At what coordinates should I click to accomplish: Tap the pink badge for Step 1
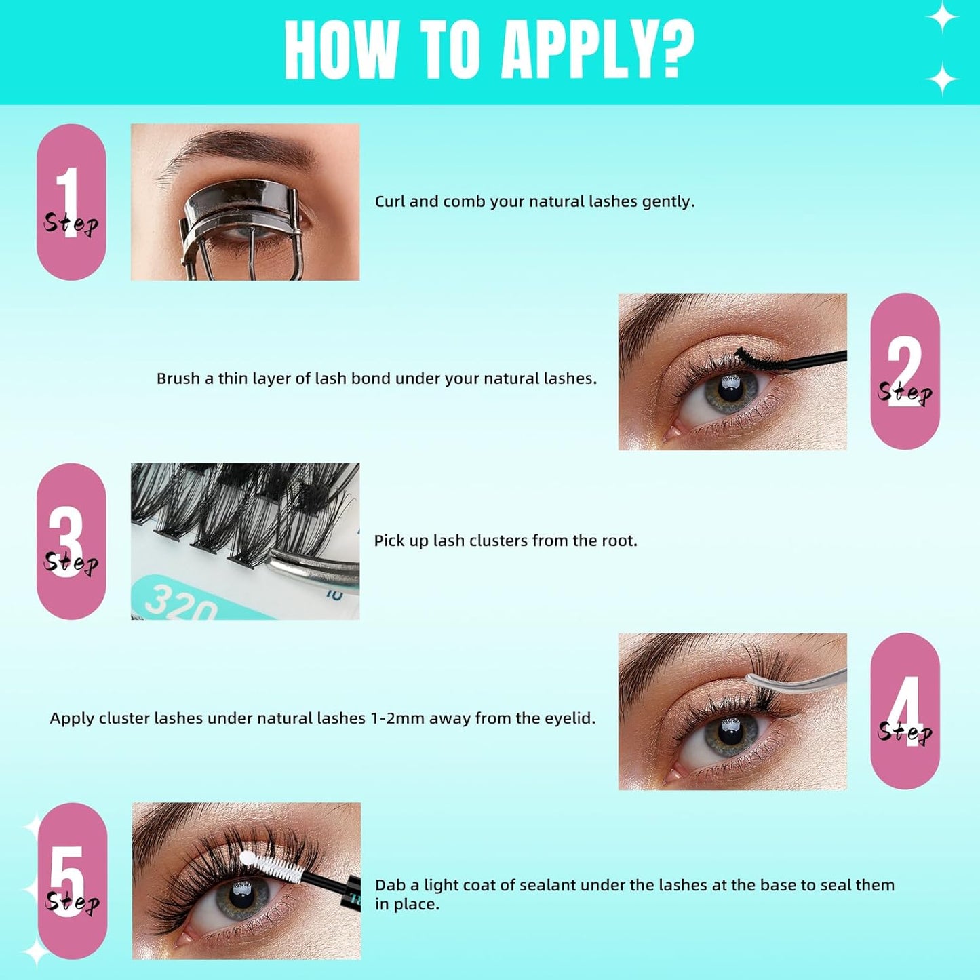[71, 202]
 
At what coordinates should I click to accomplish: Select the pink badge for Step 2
[905, 371]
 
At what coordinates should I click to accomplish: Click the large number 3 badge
[71, 541]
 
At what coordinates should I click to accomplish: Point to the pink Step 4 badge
[905, 711]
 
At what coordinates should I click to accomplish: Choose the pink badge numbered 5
[72, 880]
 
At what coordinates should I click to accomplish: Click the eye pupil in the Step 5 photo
[241, 897]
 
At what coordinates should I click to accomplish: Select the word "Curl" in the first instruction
[389, 201]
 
